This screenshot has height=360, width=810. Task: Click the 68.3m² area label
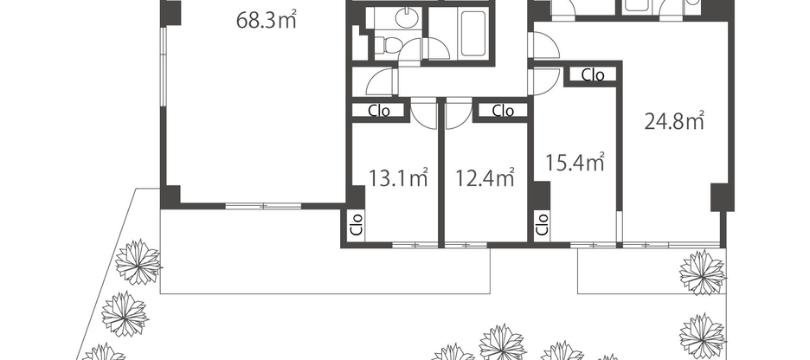tap(267, 20)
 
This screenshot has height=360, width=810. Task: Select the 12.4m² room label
tap(485, 178)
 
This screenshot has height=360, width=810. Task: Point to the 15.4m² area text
tap(574, 162)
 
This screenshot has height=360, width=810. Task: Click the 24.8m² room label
tap(674, 122)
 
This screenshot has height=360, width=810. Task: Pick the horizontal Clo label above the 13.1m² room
tap(379, 111)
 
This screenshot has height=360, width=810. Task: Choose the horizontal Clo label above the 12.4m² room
tap(503, 111)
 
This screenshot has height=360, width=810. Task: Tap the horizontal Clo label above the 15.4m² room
tap(593, 75)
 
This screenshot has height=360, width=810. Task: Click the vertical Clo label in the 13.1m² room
tap(356, 224)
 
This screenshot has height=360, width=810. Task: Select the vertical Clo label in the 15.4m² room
tap(542, 224)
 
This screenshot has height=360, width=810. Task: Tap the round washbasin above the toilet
tap(404, 17)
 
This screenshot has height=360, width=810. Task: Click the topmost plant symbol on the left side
tap(138, 259)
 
